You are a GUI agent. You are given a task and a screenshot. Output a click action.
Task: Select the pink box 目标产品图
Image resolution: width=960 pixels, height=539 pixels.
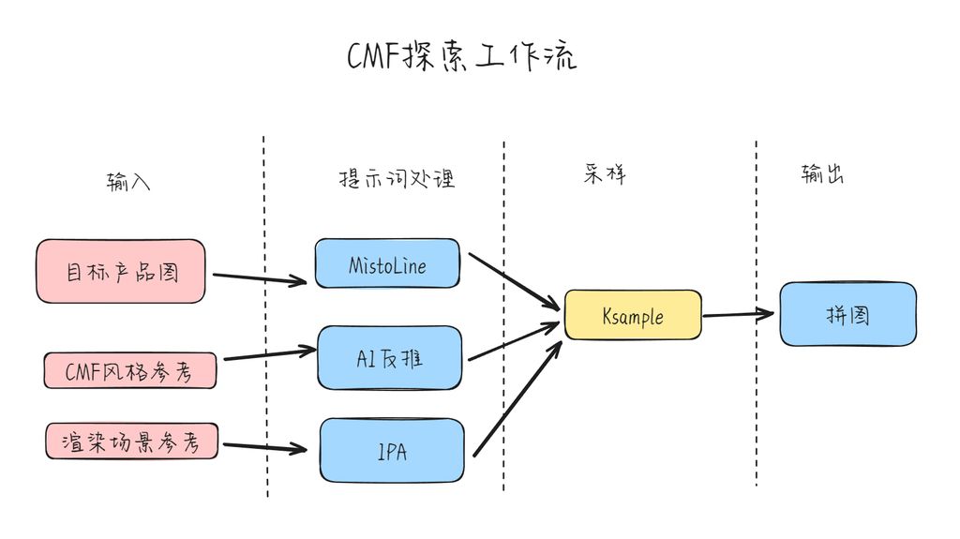[x=121, y=272]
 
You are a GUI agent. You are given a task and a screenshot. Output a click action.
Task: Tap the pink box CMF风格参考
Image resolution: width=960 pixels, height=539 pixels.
[x=130, y=371]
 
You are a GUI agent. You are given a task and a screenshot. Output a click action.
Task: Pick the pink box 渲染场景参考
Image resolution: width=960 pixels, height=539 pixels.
[x=132, y=441]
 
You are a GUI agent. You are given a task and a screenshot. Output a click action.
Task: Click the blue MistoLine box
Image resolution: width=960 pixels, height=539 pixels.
[x=387, y=264]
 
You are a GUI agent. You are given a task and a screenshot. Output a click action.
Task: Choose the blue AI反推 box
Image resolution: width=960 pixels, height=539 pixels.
[x=390, y=357]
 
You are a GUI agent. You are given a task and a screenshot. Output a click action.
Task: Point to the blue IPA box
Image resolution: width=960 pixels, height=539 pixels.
[x=392, y=452]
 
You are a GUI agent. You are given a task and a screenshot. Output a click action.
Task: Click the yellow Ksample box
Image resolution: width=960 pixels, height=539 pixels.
[x=633, y=315]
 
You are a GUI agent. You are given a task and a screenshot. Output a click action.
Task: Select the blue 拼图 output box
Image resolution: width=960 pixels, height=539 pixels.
[x=847, y=314]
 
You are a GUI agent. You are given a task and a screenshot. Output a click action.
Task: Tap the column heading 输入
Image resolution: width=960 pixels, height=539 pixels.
[x=128, y=182]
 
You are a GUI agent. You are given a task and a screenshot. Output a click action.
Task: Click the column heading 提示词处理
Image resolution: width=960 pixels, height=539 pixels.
[x=397, y=179]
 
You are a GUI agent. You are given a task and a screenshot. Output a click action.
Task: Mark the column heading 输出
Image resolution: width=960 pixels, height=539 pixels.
[x=822, y=174]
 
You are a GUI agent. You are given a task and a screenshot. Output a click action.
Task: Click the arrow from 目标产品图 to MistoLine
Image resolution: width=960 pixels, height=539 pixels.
[x=261, y=277]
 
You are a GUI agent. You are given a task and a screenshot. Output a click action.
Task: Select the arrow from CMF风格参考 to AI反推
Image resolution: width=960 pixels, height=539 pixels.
[x=270, y=354]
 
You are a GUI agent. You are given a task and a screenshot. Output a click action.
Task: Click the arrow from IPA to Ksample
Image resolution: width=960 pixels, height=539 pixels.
[x=517, y=398]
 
